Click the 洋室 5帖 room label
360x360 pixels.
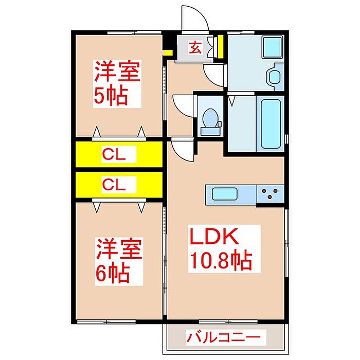coord(116,84)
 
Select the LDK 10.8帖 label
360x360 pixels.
coord(222,250)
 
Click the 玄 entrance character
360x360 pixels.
coord(195,49)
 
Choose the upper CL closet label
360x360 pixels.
coord(118,153)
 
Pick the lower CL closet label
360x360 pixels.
coord(118,184)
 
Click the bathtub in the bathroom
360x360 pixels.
coord(270,123)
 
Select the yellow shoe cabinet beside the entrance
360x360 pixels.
coord(220,47)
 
